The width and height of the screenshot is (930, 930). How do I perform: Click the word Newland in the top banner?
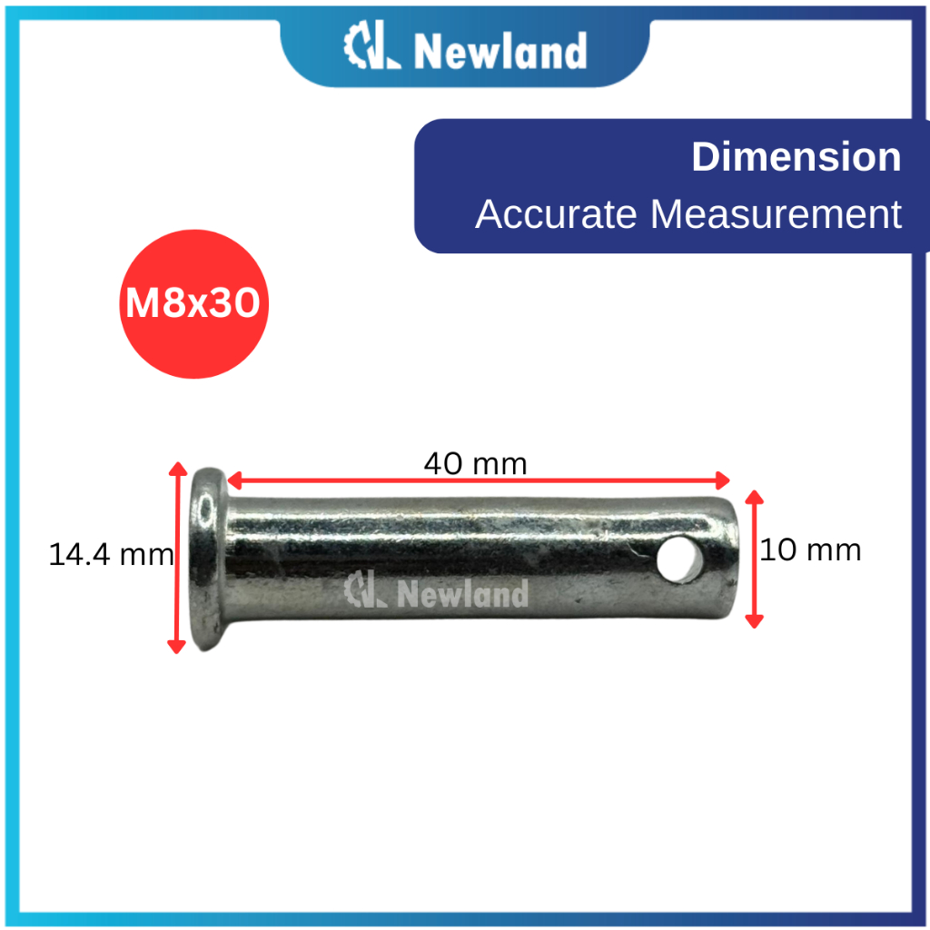pyautogui.click(x=500, y=51)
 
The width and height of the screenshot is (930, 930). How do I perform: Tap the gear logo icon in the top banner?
pyautogui.click(x=371, y=45)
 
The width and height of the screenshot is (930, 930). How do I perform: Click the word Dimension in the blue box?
pyautogui.click(x=796, y=157)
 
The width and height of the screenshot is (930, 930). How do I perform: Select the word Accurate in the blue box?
pyautogui.click(x=556, y=213)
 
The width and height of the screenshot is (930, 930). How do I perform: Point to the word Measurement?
pyautogui.click(x=776, y=213)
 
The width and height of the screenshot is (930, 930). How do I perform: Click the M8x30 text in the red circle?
pyautogui.click(x=193, y=303)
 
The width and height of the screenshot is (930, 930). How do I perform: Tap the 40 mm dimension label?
pyautogui.click(x=475, y=464)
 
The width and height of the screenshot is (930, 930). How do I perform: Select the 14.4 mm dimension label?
pyautogui.click(x=111, y=555)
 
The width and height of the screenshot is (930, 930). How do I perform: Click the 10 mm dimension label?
pyautogui.click(x=809, y=549)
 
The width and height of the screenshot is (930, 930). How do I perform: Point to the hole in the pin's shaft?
pyautogui.click(x=679, y=559)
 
